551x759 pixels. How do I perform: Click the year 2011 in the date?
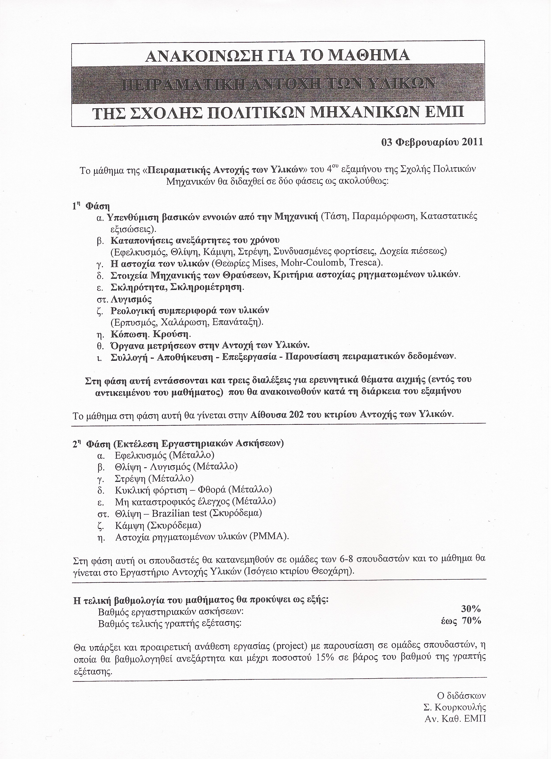472,142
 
